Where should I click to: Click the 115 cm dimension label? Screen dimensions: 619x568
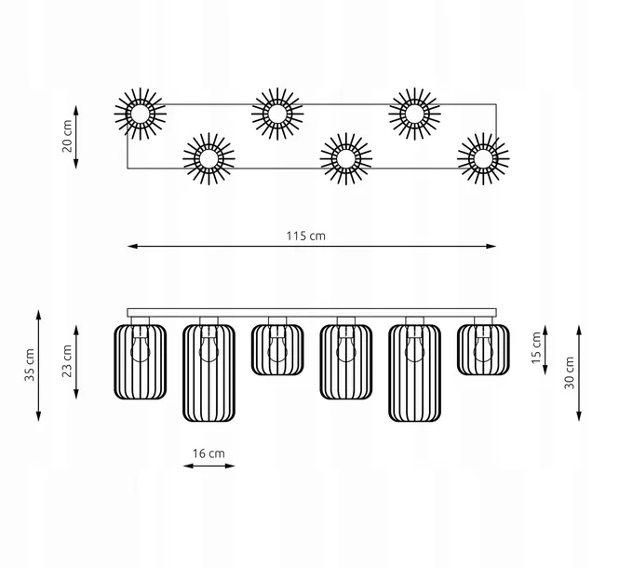pyautogui.click(x=306, y=236)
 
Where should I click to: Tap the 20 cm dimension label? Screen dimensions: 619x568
pyautogui.click(x=67, y=136)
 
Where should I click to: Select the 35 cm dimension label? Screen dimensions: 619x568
pyautogui.click(x=30, y=365)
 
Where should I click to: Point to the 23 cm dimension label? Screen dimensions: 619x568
pyautogui.click(x=67, y=361)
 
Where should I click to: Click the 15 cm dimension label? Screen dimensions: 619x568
pyautogui.click(x=536, y=347)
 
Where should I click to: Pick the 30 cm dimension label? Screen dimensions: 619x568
pyautogui.click(x=570, y=372)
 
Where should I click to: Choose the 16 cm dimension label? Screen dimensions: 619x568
pyautogui.click(x=209, y=453)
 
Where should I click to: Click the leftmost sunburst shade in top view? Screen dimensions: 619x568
pyautogui.click(x=141, y=114)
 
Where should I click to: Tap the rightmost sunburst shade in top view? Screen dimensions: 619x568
pyautogui.click(x=483, y=159)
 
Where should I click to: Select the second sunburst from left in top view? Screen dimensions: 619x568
pyautogui.click(x=209, y=159)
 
